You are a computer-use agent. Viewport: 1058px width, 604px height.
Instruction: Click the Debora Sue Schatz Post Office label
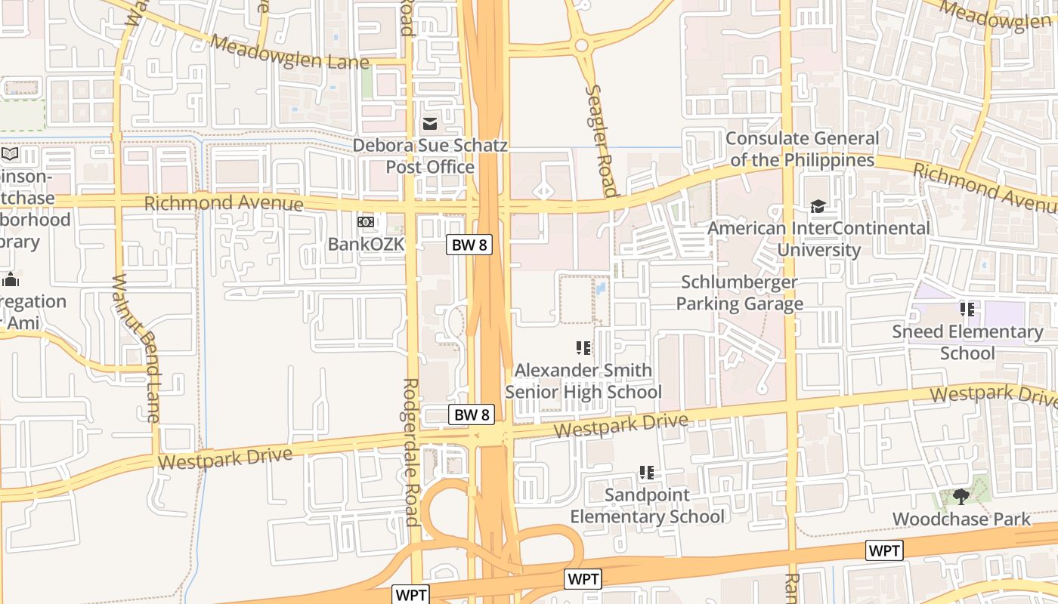[x=430, y=156]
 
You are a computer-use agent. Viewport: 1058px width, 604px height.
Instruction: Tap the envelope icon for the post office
[x=430, y=124]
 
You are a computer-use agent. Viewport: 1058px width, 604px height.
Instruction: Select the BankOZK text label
[x=367, y=244]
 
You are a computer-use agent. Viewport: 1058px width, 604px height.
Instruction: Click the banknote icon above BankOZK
[x=366, y=222]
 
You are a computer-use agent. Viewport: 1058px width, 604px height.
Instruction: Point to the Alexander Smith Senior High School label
[x=583, y=381]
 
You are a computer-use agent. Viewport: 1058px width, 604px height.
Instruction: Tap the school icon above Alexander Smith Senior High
[x=583, y=348]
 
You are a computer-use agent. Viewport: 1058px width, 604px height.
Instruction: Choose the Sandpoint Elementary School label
[x=647, y=505]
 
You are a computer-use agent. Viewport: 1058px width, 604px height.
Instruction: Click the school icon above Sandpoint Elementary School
[x=647, y=473]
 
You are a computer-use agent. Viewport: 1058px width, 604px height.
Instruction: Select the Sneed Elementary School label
[x=967, y=342]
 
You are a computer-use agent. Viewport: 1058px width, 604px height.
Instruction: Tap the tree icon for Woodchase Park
[x=961, y=496]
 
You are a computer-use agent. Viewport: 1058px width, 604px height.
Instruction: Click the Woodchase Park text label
[x=961, y=519]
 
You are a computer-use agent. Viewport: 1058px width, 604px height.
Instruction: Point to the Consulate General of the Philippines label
[x=802, y=149]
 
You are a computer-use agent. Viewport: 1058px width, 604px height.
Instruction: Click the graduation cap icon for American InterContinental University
[x=817, y=206]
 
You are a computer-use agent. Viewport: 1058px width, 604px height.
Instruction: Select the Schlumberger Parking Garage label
[x=739, y=292]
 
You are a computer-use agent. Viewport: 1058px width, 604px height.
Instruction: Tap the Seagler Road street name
[x=601, y=140]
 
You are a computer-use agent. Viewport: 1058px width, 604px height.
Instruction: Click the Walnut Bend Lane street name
[x=136, y=347]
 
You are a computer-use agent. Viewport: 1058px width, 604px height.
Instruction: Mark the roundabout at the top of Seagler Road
[x=581, y=45]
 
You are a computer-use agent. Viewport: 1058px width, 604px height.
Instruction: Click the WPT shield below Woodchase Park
[x=884, y=550]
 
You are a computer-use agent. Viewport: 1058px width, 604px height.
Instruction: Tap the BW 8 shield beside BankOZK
[x=469, y=245]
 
